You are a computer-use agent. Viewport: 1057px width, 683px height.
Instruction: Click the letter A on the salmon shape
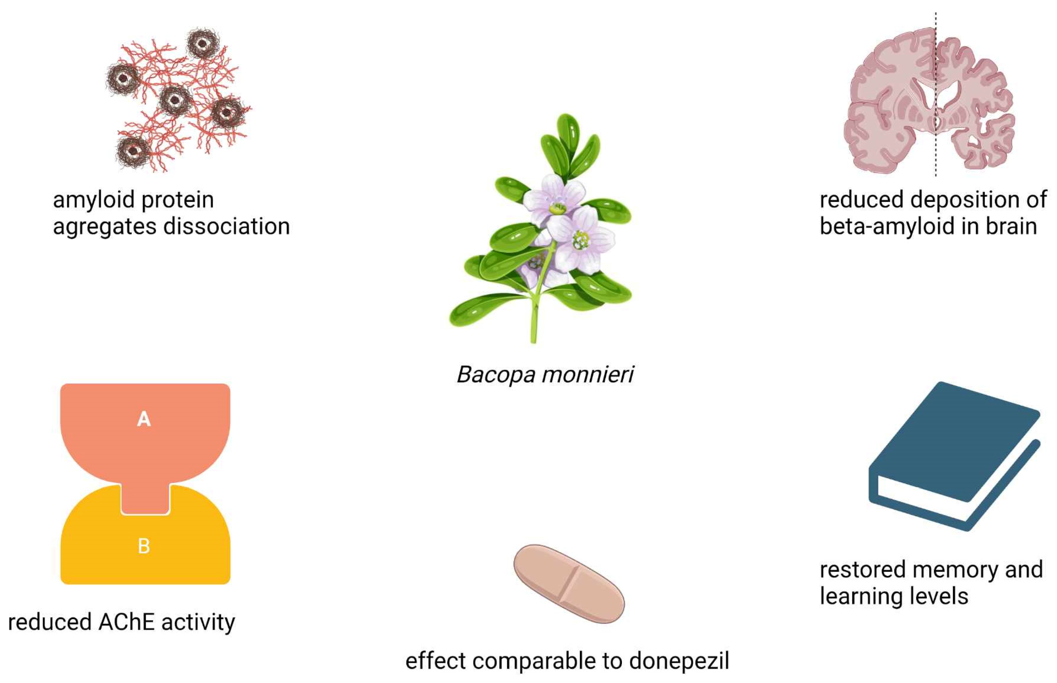[144, 419]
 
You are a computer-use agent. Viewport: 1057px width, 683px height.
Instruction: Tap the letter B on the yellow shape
[144, 546]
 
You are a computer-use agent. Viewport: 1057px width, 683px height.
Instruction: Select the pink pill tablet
[569, 584]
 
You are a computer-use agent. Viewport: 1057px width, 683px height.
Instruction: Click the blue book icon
[953, 457]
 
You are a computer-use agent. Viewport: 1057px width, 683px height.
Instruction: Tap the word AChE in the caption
[127, 622]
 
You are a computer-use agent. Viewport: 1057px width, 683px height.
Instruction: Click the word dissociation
[227, 226]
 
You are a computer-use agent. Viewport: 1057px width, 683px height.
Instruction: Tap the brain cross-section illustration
[929, 102]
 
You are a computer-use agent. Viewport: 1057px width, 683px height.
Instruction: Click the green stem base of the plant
[534, 328]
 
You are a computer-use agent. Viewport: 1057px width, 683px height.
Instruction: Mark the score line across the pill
[569, 584]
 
